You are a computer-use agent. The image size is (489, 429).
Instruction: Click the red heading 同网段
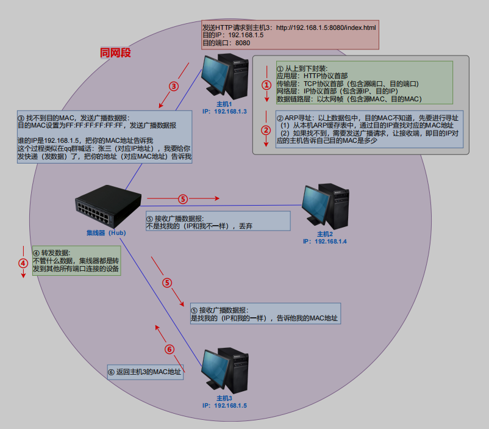click(x=116, y=53)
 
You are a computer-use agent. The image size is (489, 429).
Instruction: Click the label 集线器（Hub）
click(x=105, y=233)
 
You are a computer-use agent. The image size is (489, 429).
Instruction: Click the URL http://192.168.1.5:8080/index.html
click(x=326, y=28)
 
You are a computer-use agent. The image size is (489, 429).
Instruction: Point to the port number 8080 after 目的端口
click(x=243, y=43)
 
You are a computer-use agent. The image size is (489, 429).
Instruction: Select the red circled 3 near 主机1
click(x=174, y=86)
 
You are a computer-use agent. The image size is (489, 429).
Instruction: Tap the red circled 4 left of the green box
click(x=23, y=264)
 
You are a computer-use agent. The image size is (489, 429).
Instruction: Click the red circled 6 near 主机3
click(x=170, y=350)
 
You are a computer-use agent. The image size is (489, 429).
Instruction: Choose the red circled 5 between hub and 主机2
click(x=182, y=198)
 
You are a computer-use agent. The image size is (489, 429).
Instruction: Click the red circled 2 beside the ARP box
click(x=266, y=130)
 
